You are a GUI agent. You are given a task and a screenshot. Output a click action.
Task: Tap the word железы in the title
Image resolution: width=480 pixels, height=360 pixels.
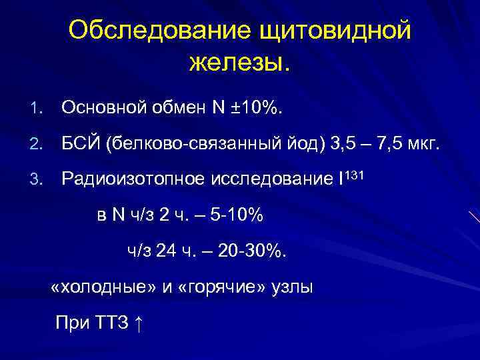pos(237,63)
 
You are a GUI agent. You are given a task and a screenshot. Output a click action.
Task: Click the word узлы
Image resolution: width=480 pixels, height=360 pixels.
pos(291,287)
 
